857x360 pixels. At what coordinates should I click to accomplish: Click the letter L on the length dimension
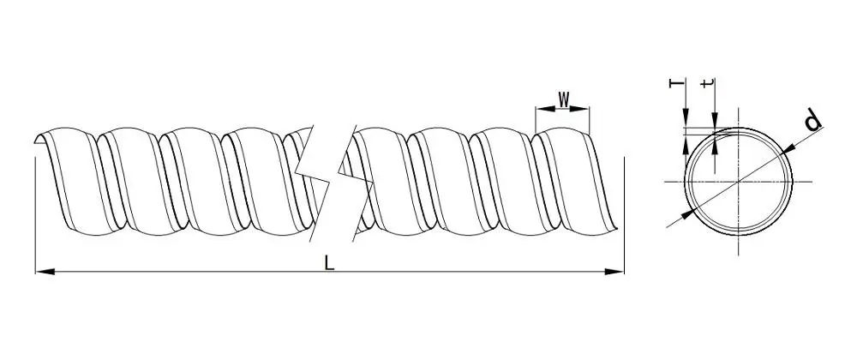click(329, 263)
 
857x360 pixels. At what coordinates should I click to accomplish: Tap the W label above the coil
click(564, 99)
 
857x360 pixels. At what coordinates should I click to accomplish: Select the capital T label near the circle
click(677, 83)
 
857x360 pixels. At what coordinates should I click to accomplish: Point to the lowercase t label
click(707, 84)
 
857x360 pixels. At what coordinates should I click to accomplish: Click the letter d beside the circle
click(813, 120)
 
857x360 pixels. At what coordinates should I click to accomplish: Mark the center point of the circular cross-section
click(739, 181)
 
